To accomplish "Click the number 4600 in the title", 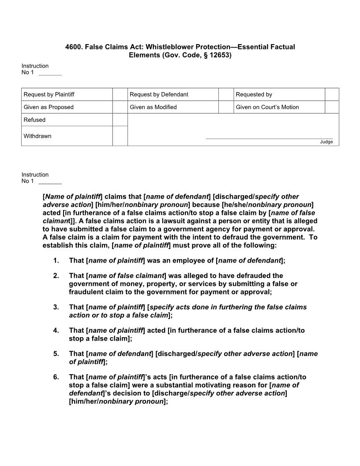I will click(x=73, y=47).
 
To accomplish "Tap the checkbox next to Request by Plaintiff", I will click(x=120, y=94).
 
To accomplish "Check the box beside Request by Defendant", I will click(x=226, y=94).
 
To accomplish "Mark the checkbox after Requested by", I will click(x=332, y=94).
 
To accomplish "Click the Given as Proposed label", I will click(x=49, y=107).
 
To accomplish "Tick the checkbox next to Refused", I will click(x=120, y=120).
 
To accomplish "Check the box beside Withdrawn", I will click(x=120, y=136).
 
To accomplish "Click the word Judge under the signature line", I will click(x=326, y=142).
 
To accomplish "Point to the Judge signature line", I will click(x=269, y=138).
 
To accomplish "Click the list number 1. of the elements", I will click(x=56, y=260).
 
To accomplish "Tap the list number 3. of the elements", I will click(x=56, y=307).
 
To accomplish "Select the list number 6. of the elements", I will click(x=56, y=377).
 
